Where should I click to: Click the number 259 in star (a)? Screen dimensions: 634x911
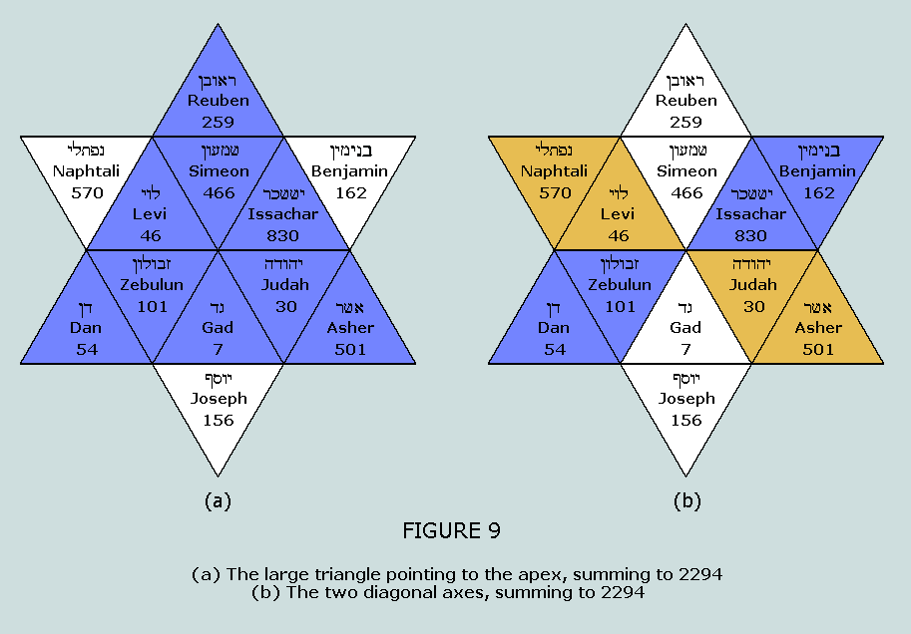[x=219, y=122]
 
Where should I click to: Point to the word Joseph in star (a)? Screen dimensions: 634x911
[x=219, y=399]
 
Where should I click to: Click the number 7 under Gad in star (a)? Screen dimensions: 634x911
[x=219, y=349]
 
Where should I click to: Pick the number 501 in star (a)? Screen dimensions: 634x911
[x=350, y=349]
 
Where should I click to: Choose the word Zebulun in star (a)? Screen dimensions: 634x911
[x=152, y=285]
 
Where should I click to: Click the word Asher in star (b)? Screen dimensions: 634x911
[x=818, y=328]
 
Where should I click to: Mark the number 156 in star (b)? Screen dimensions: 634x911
[x=686, y=420]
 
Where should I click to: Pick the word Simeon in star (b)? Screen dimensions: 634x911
[x=686, y=171]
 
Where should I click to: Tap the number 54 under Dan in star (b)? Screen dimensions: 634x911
[x=555, y=349]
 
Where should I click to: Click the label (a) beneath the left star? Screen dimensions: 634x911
[x=218, y=500]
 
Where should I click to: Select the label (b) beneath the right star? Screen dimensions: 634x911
[x=686, y=500]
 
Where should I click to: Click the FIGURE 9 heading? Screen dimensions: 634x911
[x=451, y=531]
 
